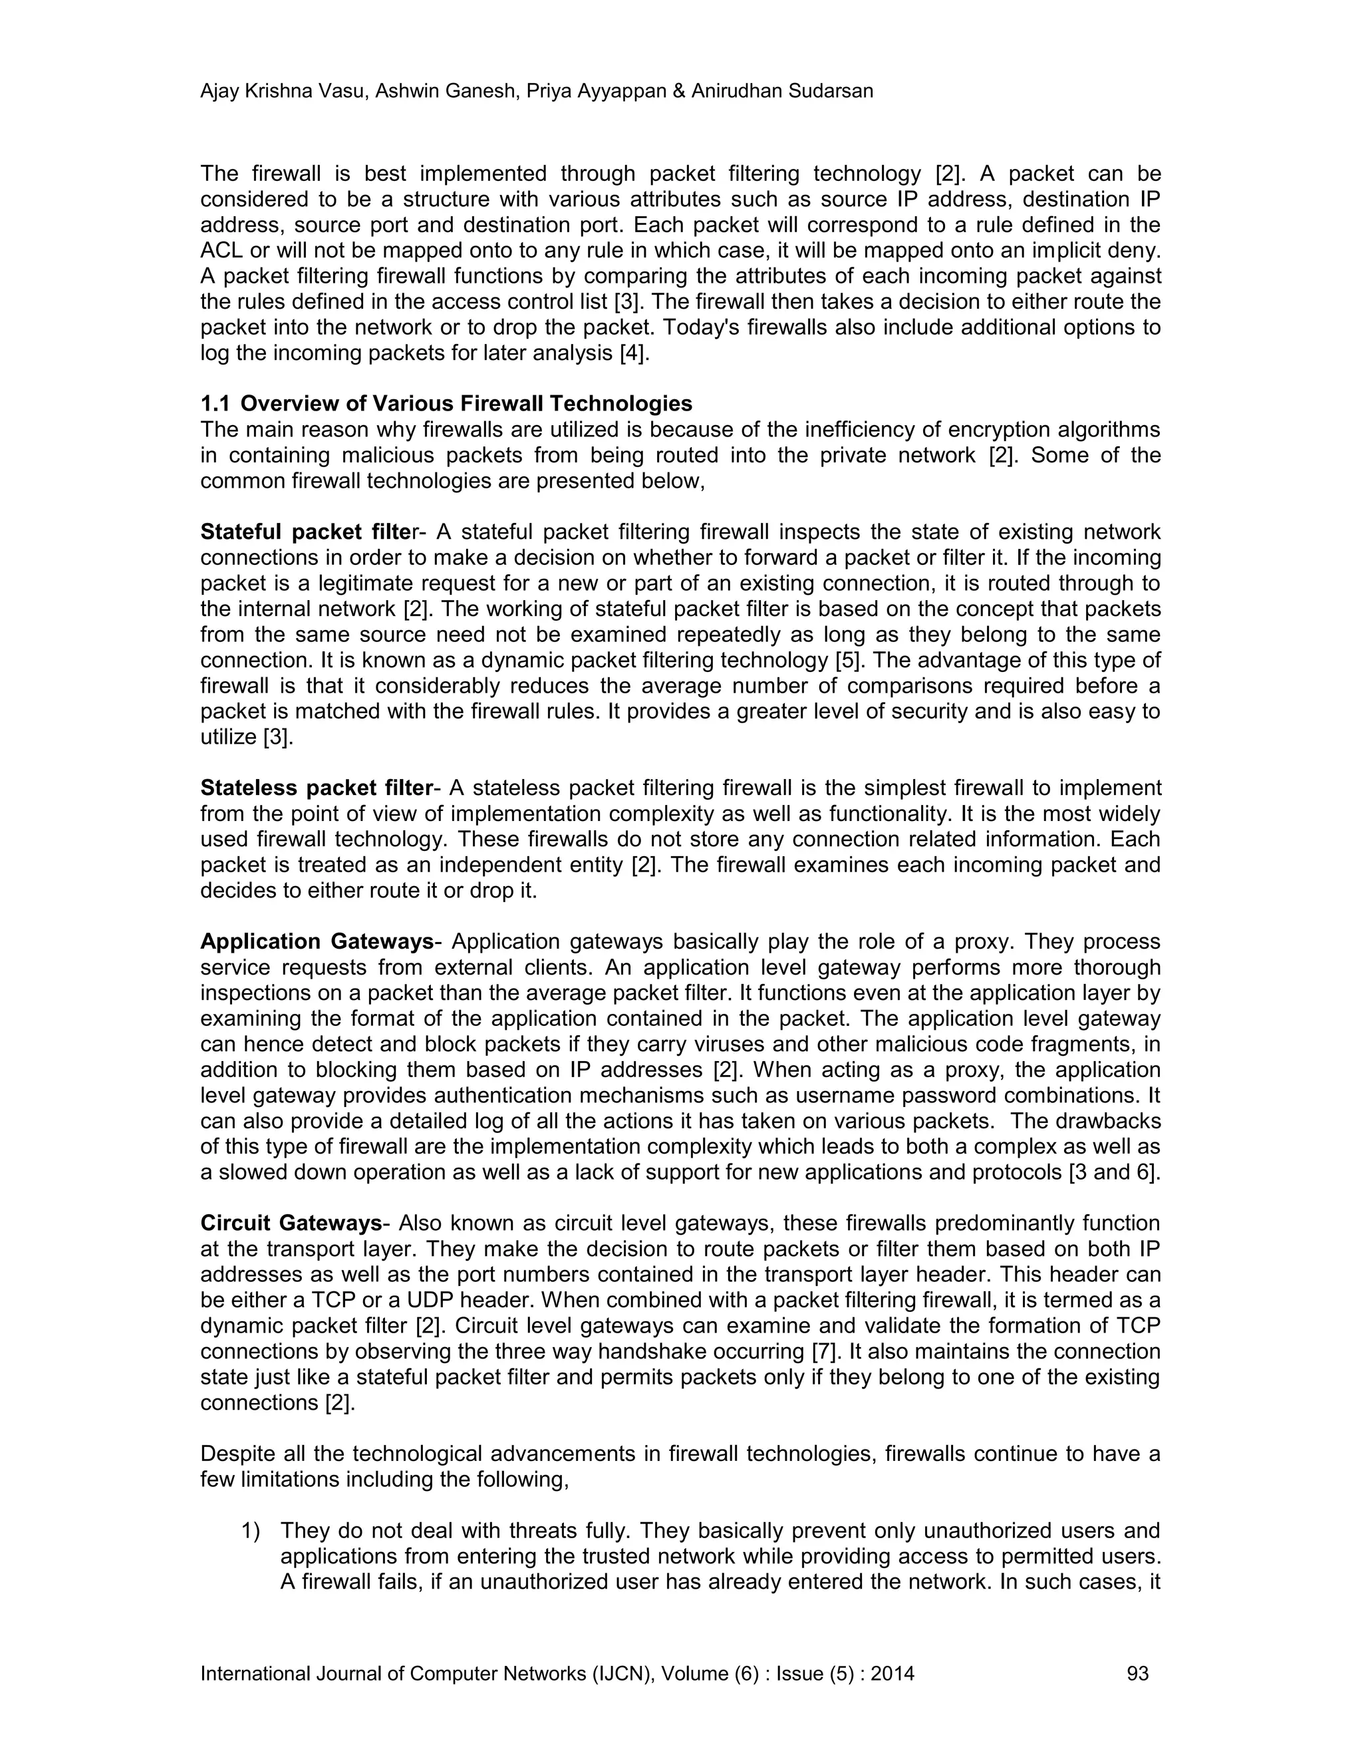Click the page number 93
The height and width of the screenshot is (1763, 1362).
1137,1673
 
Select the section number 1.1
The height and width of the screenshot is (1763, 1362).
214,404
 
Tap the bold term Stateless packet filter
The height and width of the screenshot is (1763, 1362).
317,788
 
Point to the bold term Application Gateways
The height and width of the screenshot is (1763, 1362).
317,942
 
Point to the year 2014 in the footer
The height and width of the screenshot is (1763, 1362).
892,1673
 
